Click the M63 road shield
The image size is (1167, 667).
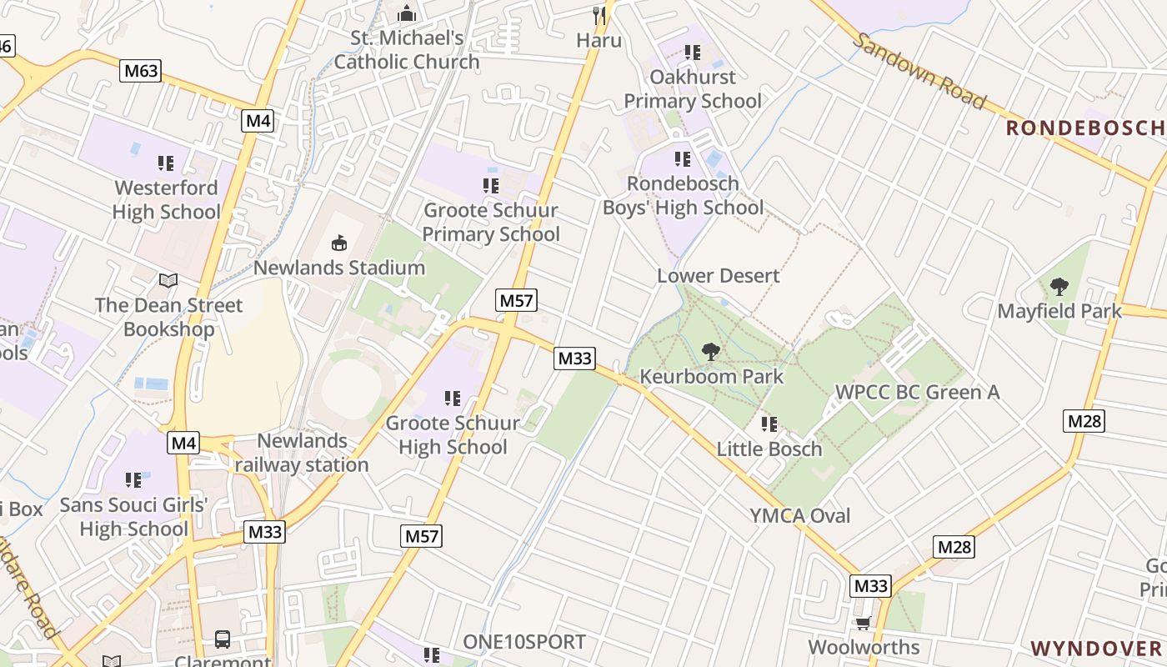140,71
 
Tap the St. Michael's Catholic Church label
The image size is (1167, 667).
407,50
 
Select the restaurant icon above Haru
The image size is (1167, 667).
599,15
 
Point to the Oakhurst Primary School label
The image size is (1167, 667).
693,89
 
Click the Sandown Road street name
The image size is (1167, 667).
919,71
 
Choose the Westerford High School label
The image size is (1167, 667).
166,200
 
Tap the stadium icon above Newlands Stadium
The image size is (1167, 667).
338,243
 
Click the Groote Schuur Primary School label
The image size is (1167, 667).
490,223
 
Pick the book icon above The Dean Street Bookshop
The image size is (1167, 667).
168,280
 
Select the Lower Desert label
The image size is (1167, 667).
719,276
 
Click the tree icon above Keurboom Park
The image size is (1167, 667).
710,352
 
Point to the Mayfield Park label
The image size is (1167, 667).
1059,312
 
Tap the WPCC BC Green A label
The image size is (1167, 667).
917,392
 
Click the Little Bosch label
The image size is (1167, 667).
769,449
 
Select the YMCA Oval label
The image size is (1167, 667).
800,516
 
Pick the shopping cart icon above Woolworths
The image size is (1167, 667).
864,623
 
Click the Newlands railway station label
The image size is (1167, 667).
302,453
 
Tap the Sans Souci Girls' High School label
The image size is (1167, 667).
133,517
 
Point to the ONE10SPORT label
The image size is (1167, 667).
524,642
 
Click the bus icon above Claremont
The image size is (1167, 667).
223,639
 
